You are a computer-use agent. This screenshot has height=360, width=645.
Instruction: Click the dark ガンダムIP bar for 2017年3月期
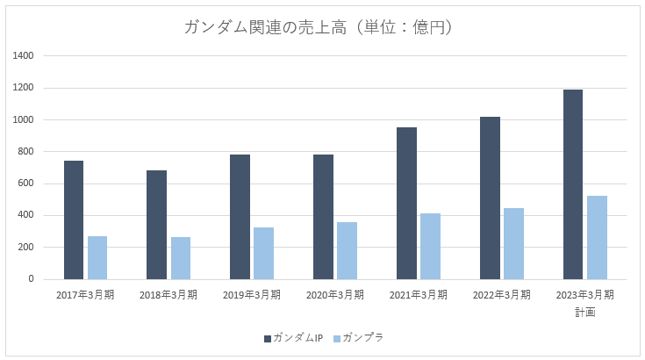tap(73, 220)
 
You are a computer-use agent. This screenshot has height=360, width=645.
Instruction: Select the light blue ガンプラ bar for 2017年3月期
tap(97, 257)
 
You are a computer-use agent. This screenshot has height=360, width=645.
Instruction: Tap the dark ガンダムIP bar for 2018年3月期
tap(156, 225)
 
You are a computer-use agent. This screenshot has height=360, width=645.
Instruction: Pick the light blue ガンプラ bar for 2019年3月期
tap(263, 253)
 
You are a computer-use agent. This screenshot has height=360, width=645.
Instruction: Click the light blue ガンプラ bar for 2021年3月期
tap(430, 246)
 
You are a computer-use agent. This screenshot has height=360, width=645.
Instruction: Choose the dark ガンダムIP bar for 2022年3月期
tap(490, 198)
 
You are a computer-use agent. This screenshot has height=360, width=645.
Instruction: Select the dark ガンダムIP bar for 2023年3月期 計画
tap(573, 184)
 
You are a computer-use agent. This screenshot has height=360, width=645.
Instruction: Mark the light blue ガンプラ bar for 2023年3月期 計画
tap(597, 237)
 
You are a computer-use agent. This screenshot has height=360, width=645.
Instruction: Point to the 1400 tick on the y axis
tap(24, 56)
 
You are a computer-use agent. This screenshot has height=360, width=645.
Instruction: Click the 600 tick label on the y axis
tap(26, 184)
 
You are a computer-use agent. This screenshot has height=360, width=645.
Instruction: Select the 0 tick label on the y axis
tap(31, 279)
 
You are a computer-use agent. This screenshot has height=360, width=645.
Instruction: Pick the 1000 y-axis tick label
tap(24, 120)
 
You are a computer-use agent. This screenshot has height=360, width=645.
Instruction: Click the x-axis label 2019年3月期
tap(252, 294)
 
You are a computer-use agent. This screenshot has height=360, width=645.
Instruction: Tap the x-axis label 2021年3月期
tap(419, 294)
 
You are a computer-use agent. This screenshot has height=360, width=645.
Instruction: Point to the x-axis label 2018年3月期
tap(168, 294)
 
